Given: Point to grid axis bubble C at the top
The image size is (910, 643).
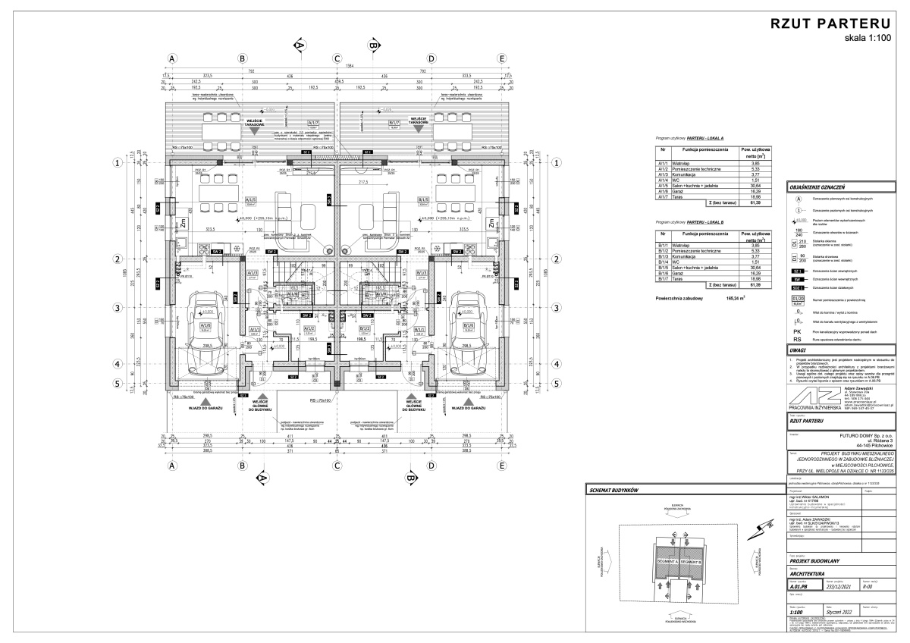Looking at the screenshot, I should [337, 58].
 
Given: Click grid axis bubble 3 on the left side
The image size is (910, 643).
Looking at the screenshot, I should [118, 308].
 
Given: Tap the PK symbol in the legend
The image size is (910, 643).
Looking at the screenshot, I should [797, 331].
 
